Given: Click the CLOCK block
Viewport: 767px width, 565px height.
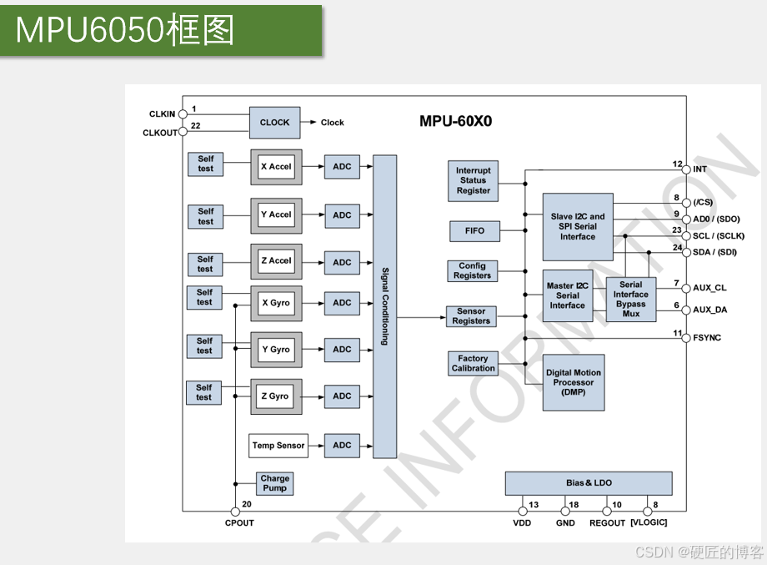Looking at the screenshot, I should click(274, 123).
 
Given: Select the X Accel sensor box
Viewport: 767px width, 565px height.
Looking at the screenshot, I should click(276, 167).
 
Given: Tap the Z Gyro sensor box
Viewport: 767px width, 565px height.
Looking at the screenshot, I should click(275, 396).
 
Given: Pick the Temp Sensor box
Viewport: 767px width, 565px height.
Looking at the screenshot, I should click(278, 446).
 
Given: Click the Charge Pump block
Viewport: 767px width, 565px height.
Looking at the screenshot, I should click(274, 483).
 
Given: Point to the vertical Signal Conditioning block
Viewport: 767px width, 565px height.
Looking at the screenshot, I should click(384, 306).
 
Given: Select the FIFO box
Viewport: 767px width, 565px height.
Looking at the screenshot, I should click(474, 230).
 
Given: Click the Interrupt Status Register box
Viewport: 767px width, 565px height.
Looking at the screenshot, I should click(473, 180).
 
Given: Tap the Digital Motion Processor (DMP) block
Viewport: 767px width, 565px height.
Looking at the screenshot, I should click(573, 382).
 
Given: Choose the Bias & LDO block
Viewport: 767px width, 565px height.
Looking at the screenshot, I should click(588, 483).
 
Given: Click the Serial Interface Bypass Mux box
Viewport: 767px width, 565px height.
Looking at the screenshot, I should click(631, 299).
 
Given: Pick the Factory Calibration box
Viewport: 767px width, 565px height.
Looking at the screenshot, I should click(473, 363).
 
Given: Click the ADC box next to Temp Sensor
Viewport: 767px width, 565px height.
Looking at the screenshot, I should click(342, 446).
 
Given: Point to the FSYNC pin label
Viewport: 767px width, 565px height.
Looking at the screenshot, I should click(707, 338).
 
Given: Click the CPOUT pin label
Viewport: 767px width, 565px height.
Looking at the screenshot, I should click(239, 523).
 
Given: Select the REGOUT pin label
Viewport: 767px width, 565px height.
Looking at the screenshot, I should click(607, 523).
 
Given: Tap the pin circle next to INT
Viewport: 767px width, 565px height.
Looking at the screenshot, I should click(686, 169).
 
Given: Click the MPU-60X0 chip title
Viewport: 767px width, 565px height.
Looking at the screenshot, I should click(455, 121).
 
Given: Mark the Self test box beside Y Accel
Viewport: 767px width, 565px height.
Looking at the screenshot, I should click(205, 216).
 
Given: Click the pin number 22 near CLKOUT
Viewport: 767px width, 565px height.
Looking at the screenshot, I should click(196, 126).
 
